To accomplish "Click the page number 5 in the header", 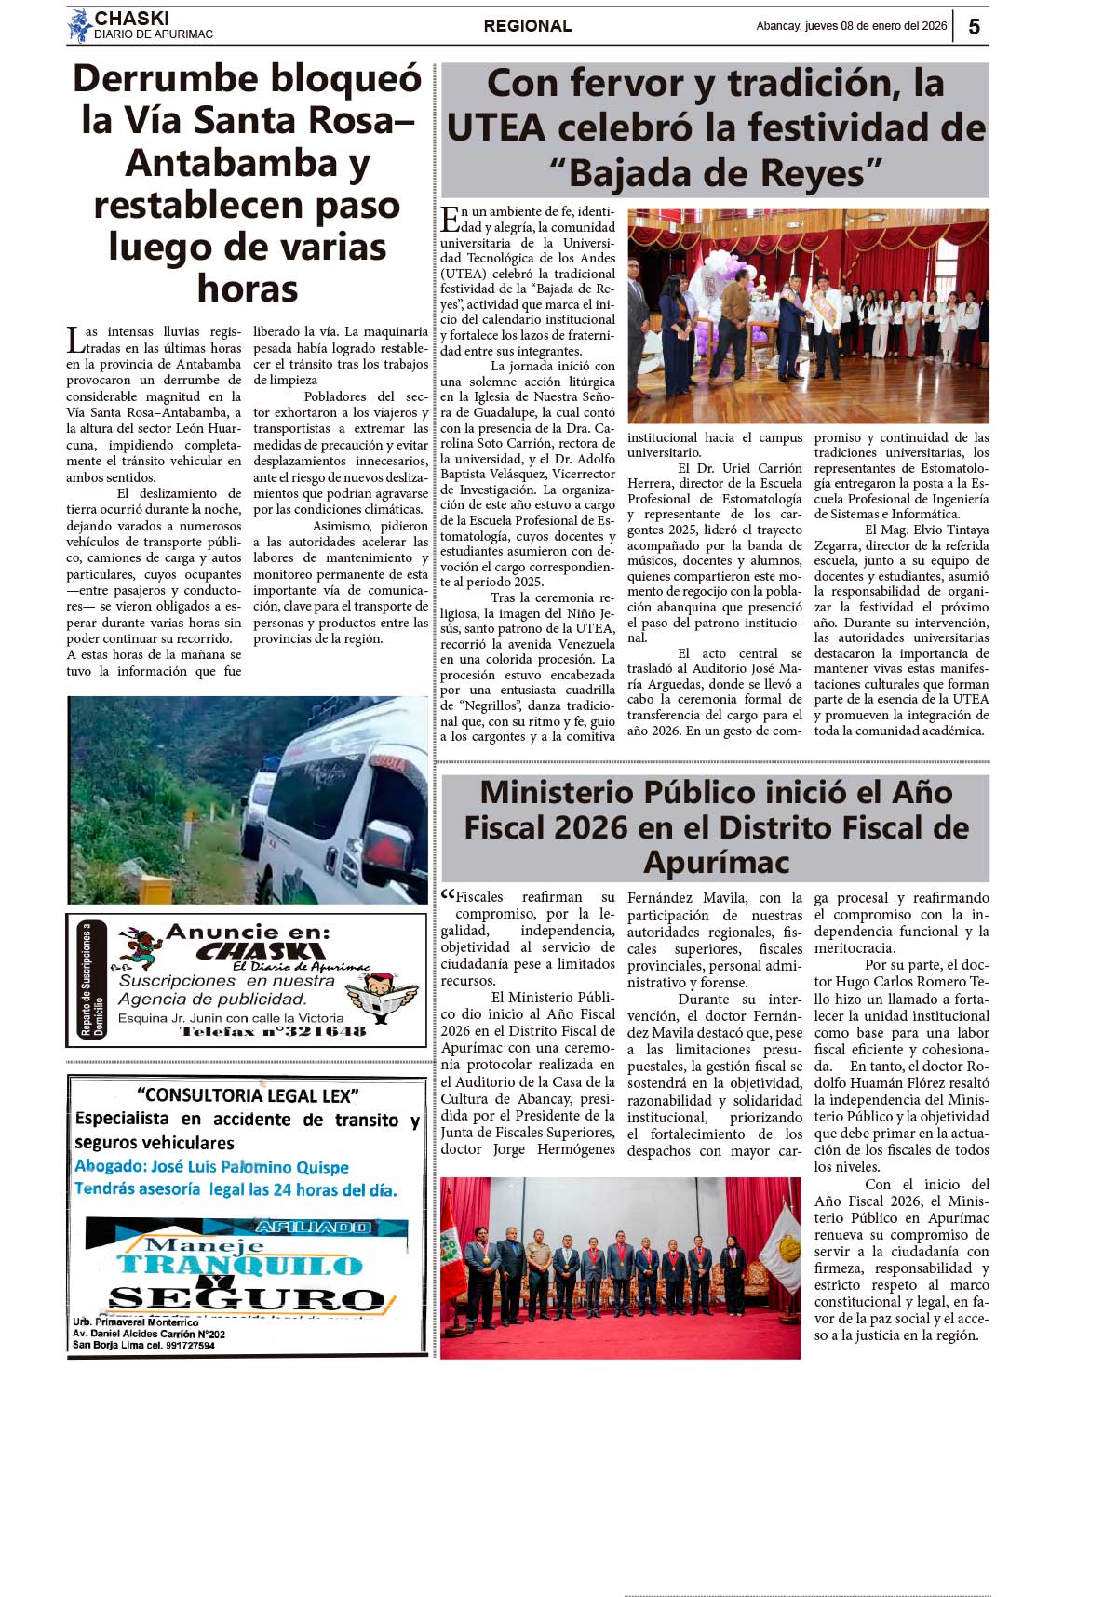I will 974,26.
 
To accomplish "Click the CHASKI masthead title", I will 131,18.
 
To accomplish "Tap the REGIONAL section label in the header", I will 528,26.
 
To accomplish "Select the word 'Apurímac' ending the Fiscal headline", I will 716,862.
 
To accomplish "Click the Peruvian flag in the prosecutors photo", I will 453,1247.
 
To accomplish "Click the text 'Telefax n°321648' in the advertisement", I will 273,1031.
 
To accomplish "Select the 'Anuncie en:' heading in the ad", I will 248,932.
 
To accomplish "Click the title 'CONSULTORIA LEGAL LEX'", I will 247,1095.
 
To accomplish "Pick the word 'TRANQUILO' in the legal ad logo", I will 239,1265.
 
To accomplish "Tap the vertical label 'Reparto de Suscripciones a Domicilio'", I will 92,979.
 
